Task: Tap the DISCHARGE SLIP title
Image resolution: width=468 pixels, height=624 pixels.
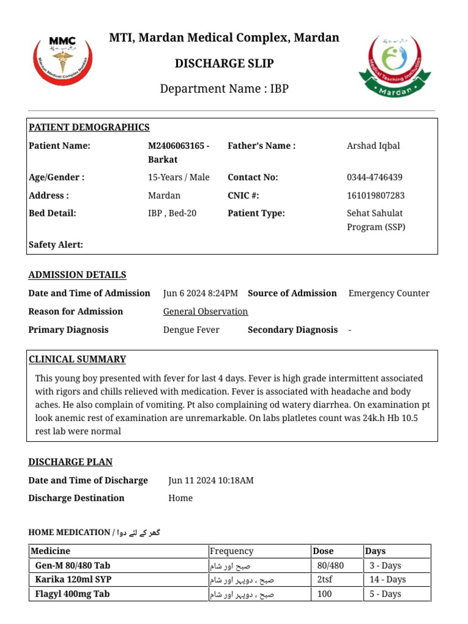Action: click(x=224, y=63)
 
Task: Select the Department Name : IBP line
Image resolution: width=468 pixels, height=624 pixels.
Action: click(x=224, y=89)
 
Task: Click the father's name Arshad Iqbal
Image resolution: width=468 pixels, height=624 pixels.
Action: click(x=373, y=146)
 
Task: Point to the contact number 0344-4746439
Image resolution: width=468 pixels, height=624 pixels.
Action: click(x=374, y=177)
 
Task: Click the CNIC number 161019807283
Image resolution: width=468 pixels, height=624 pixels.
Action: click(x=375, y=196)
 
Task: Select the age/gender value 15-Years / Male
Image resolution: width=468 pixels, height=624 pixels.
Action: click(x=179, y=177)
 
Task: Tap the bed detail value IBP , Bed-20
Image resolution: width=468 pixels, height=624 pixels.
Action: click(x=172, y=213)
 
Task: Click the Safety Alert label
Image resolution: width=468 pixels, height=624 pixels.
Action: click(x=55, y=245)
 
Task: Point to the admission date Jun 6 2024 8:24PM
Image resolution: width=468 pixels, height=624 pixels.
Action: click(x=200, y=293)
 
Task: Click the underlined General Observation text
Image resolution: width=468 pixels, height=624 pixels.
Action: click(x=205, y=311)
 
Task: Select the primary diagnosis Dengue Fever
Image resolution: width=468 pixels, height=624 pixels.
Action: click(x=191, y=330)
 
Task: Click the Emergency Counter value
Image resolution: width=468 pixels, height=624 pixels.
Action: click(x=389, y=293)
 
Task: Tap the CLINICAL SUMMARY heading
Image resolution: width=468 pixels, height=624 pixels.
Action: click(x=77, y=359)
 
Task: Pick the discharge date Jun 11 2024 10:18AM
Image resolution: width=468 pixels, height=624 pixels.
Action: click(x=211, y=480)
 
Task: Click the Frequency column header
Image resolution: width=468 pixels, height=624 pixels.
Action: click(x=231, y=551)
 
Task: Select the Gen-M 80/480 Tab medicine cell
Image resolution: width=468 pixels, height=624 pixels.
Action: click(x=73, y=565)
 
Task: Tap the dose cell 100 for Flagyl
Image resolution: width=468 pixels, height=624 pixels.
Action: click(x=325, y=594)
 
